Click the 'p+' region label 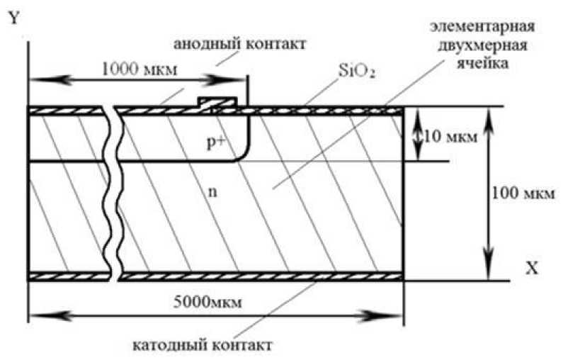pyautogui.click(x=216, y=142)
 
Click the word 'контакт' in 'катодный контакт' pyautogui.click(x=237, y=347)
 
